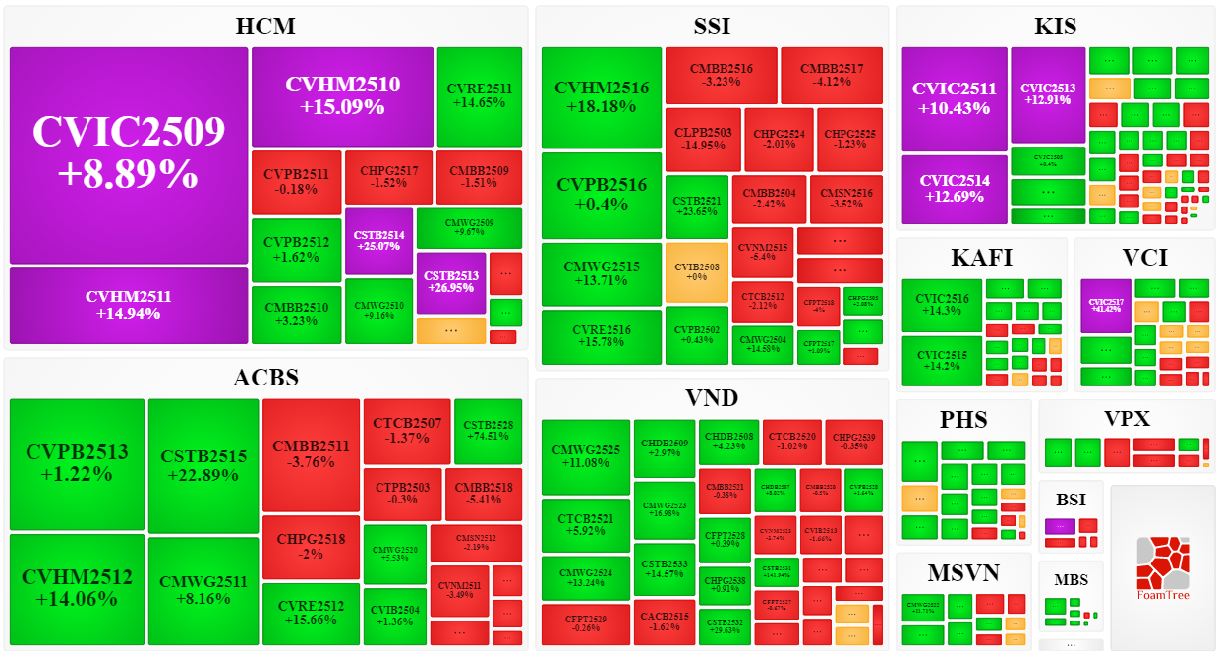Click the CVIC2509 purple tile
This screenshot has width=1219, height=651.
128,154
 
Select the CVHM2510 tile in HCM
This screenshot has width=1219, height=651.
342,95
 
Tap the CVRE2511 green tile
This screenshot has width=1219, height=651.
479,95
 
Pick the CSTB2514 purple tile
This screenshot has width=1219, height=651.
378,241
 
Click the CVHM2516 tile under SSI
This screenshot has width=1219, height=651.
602,96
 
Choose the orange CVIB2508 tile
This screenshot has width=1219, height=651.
697,271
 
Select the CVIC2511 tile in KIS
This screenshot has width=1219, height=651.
955,97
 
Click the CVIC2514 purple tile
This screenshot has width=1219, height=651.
955,189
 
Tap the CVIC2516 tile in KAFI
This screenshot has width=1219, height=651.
942,305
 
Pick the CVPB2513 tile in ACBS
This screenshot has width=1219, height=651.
77,463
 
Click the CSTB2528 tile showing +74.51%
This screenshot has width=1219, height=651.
493,430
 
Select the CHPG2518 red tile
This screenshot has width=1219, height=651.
311,546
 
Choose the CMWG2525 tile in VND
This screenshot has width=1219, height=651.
586,456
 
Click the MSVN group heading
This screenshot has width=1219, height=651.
962,572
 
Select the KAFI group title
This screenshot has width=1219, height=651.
981,258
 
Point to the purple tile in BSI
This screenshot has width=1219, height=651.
1060,525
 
